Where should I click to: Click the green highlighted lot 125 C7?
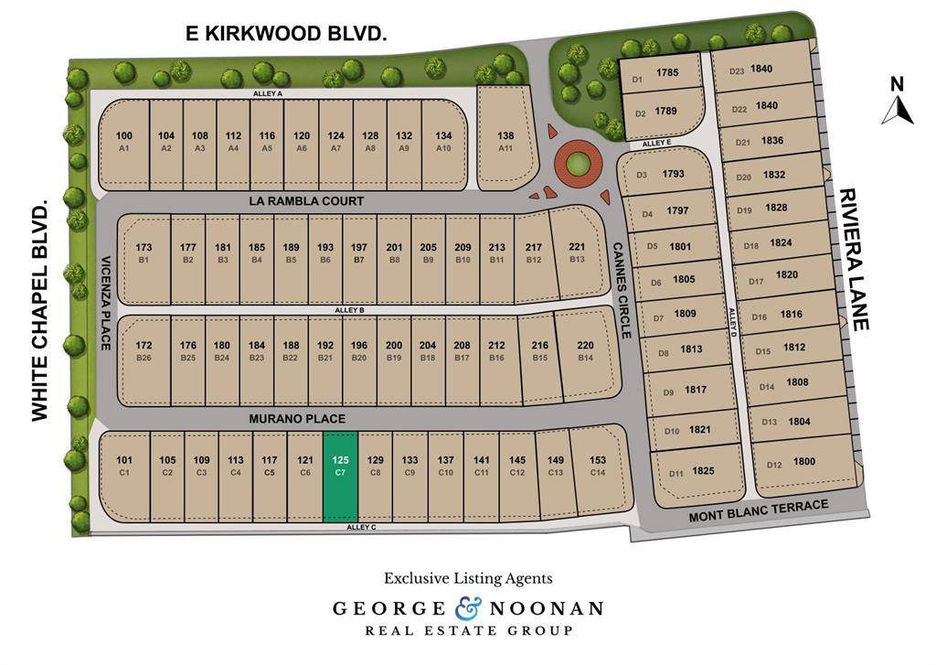coord(340,477)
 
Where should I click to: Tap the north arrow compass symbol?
coord(898,102)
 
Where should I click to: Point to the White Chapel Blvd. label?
coord(39,313)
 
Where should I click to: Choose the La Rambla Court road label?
coord(306,201)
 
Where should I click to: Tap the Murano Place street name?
coord(298,419)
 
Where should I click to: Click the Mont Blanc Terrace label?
coord(759,511)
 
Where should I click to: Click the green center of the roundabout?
coord(577,165)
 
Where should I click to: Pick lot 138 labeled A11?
coord(505,141)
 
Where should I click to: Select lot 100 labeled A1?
coord(124,141)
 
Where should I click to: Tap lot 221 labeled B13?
coord(577,253)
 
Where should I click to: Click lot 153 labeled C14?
coord(598,466)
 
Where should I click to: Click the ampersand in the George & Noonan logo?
coord(466,607)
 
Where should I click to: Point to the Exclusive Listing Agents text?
coord(468,578)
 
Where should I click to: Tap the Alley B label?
coord(349,311)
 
